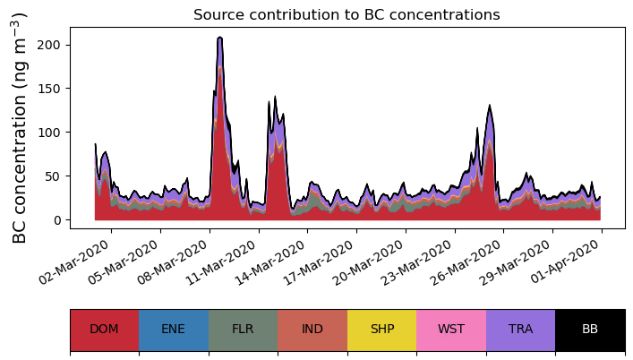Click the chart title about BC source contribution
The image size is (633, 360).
click(x=346, y=14)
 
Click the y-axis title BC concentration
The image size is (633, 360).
click(x=20, y=128)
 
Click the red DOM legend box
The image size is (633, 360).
click(x=104, y=329)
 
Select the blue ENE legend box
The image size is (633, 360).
click(x=174, y=329)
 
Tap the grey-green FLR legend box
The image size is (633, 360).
click(x=243, y=329)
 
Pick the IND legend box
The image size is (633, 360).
click(x=312, y=329)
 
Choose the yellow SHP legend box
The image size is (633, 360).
click(x=381, y=329)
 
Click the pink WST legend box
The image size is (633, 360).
click(x=451, y=329)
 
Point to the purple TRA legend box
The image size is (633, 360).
click(x=520, y=329)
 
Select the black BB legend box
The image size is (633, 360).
click(x=590, y=329)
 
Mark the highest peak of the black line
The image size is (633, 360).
click(x=219, y=38)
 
